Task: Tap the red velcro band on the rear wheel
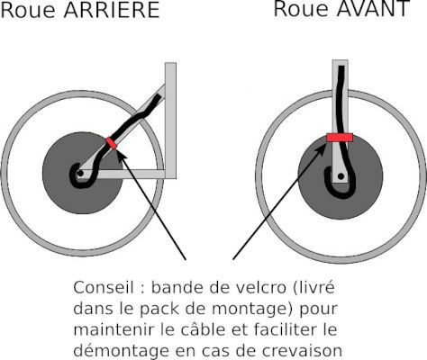(x=112, y=143)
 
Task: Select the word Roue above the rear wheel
(x=24, y=11)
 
